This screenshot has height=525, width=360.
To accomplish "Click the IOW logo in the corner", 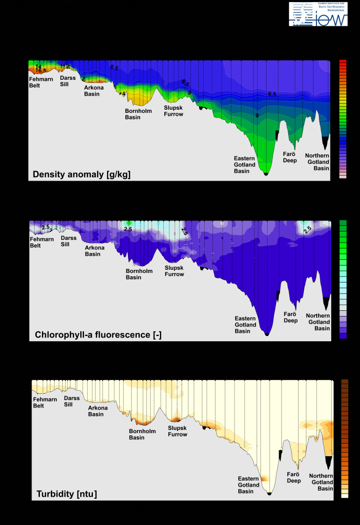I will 318,14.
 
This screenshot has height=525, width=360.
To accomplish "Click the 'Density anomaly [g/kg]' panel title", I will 81,174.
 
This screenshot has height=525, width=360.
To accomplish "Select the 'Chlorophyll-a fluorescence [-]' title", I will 98,334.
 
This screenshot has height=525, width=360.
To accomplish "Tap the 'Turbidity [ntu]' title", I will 67,494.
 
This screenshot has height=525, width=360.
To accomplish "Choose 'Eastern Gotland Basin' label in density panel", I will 245,164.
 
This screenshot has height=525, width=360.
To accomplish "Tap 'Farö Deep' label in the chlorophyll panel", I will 290,317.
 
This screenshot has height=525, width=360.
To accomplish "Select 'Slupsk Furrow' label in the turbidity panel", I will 177,431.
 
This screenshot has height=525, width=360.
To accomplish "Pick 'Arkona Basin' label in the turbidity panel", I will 96,411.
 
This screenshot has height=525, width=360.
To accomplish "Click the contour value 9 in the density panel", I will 257,115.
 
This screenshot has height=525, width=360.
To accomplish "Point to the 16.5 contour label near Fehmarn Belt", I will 41,71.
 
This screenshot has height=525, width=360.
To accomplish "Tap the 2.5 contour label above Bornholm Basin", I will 128,229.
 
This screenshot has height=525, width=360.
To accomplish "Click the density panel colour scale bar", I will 343,119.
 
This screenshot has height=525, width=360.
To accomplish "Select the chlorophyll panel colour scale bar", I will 343,279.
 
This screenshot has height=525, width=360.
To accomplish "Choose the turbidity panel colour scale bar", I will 345,438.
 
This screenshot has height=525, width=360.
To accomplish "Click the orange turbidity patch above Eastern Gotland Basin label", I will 263,478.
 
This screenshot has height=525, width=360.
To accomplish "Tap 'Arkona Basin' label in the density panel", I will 94,91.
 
